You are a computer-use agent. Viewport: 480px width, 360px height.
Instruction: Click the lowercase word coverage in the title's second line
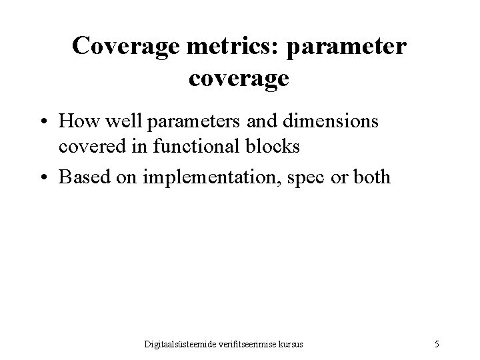click(239, 79)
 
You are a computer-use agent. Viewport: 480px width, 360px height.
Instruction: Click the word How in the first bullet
click(78, 122)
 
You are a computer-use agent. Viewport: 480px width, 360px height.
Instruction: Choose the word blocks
click(271, 145)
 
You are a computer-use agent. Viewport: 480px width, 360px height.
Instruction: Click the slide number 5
click(436, 345)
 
